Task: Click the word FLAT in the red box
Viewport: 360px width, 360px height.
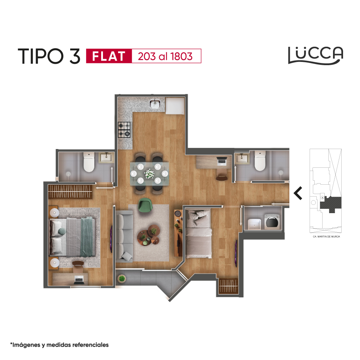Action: tap(109, 56)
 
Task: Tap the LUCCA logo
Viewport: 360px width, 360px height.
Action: tap(316, 55)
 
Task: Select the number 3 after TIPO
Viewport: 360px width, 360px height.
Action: tap(75, 56)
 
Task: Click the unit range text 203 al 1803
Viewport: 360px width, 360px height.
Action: tap(165, 56)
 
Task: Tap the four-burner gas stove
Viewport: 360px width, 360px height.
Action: tap(124, 130)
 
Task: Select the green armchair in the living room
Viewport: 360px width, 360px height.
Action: tap(145, 204)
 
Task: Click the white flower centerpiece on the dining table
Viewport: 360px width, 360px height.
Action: tap(149, 174)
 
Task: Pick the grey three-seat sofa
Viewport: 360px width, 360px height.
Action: tap(124, 236)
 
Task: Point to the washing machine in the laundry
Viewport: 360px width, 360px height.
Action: tap(272, 222)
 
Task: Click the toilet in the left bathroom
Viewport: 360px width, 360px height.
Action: tap(89, 162)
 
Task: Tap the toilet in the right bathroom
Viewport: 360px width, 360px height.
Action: tap(260, 161)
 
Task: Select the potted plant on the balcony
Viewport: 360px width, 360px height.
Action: tap(122, 279)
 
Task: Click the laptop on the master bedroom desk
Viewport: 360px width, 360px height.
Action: tap(79, 280)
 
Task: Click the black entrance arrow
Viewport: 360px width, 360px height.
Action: tap(298, 193)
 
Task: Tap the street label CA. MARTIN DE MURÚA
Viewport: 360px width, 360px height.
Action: tap(326, 237)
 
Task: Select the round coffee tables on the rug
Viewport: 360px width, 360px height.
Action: tap(148, 235)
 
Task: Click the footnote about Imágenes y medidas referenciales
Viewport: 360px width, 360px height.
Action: tap(59, 345)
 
